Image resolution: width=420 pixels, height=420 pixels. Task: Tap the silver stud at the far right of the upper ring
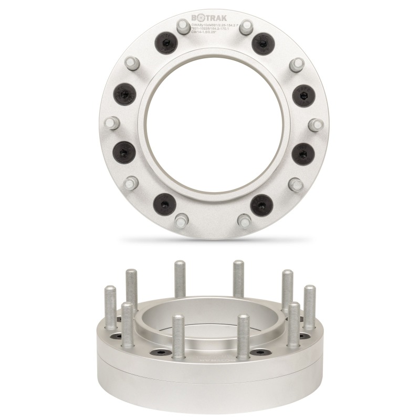(315, 125)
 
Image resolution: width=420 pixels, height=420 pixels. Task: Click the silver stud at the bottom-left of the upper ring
(181, 219)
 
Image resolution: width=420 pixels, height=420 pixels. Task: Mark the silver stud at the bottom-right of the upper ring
(244, 219)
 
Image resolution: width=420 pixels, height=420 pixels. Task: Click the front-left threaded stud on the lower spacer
(178, 336)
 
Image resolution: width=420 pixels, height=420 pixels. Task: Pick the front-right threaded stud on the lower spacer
(242, 336)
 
